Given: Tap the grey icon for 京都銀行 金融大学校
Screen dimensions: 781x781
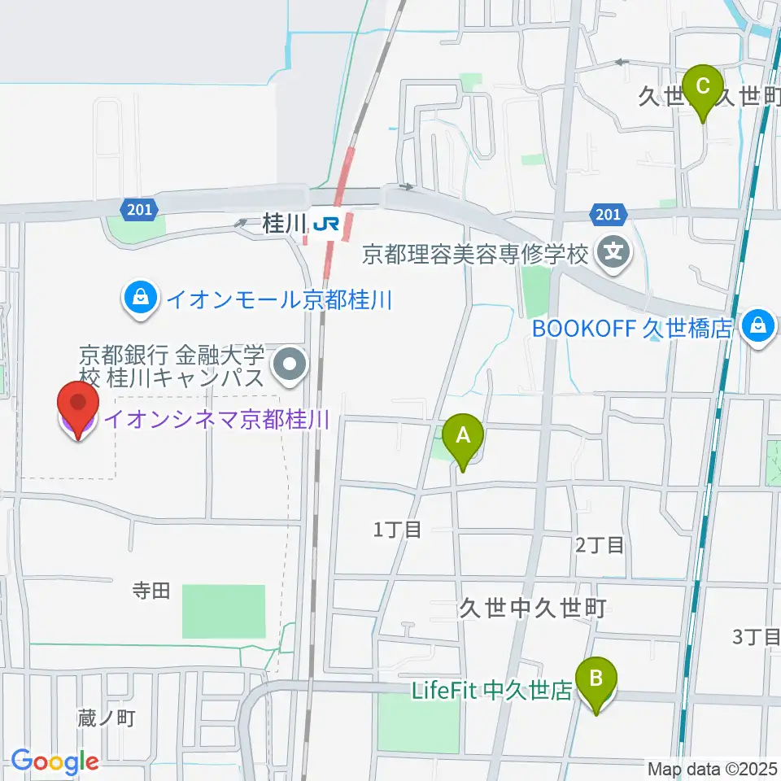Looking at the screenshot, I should point(290,364).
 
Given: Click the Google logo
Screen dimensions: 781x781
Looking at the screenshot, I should point(55,761).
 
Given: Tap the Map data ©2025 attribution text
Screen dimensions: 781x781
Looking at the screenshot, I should point(712,769).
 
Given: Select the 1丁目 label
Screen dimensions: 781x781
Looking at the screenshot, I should point(397,530).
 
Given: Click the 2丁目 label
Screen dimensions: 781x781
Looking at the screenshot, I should point(600,545).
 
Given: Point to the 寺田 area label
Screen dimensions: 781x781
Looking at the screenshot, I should point(151,591).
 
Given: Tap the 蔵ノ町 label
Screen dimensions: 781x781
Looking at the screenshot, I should point(106,718).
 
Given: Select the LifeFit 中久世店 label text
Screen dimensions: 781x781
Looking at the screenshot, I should point(492,691).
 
